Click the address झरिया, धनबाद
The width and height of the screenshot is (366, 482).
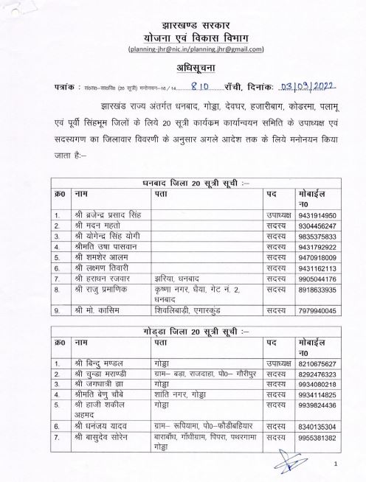pyautogui.click(x=177, y=279)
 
